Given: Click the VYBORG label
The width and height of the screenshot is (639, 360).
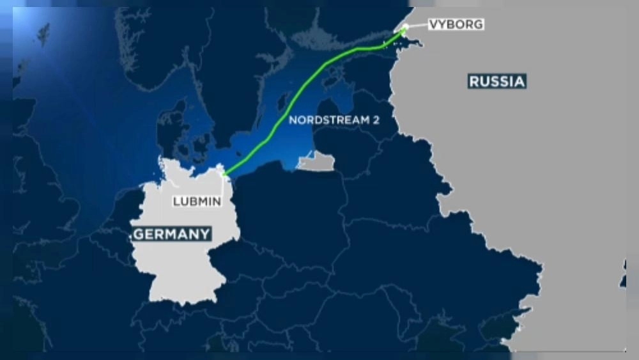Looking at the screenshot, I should pos(456,25).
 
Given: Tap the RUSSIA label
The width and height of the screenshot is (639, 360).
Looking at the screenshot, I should pos(497,81).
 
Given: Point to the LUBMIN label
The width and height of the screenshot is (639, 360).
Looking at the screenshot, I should pos(197,201).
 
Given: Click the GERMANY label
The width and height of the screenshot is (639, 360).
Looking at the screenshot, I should pos(172,233).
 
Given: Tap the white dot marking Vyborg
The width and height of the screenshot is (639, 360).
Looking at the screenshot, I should pos(404,27).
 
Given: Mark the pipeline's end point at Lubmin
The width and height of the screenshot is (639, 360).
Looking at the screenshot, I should pos(224,173).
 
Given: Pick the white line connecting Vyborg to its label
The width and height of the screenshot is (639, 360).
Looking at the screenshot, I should pos(415,26).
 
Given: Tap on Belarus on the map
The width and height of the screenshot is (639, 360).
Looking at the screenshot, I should pos(396,192).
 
